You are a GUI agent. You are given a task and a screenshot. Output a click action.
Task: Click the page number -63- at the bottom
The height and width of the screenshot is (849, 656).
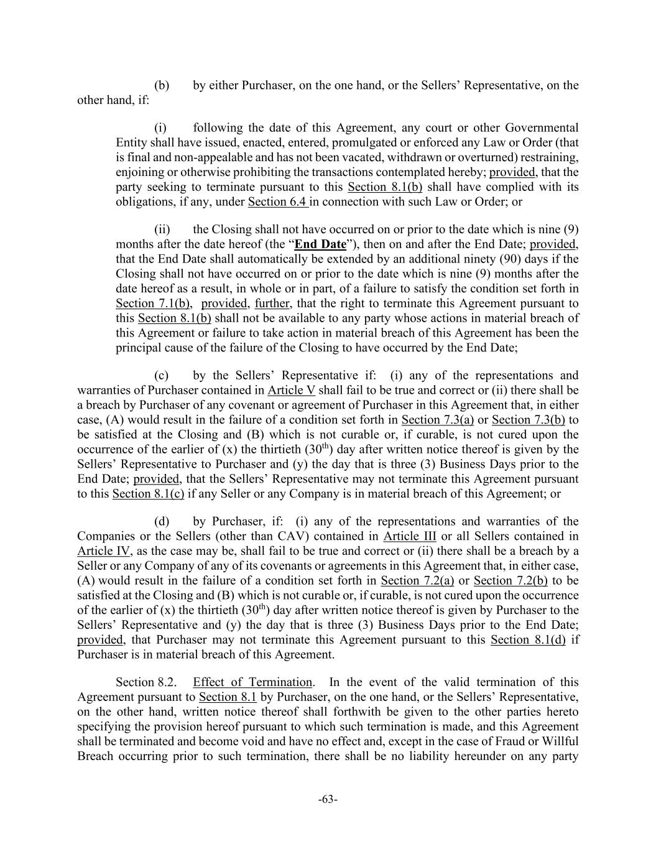[x=328, y=799]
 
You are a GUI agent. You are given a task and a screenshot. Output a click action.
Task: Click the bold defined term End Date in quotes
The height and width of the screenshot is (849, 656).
[x=320, y=244]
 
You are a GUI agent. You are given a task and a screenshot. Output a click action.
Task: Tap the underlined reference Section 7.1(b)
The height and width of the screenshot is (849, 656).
[x=153, y=304]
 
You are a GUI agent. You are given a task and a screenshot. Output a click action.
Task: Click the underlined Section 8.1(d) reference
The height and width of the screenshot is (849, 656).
[x=528, y=640]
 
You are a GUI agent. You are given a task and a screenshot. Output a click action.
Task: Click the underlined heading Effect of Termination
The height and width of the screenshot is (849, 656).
[x=252, y=682]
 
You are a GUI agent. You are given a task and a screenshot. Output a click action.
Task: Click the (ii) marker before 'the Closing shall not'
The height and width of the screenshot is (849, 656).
[x=162, y=230]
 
